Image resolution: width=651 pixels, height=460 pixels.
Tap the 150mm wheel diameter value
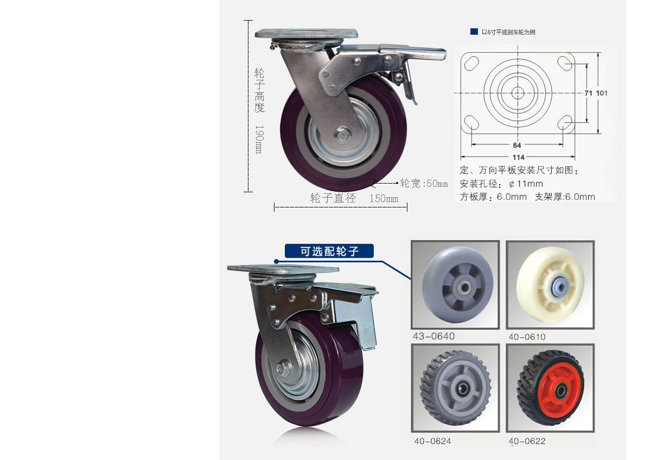[384, 199]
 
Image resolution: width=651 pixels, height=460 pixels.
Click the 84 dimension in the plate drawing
[516, 145]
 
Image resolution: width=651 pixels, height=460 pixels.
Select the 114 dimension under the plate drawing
[518, 157]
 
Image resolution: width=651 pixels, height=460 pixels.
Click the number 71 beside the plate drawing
[588, 93]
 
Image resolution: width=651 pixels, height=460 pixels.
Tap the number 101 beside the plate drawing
[602, 93]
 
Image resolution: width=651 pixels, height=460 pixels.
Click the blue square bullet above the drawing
[474, 31]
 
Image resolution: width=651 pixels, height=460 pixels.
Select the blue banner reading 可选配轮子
[329, 251]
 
